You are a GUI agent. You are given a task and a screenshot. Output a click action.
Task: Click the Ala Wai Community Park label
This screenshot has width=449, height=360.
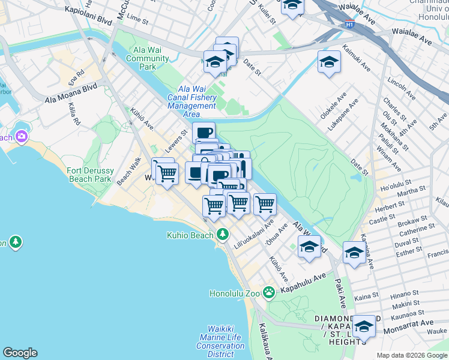[147, 59]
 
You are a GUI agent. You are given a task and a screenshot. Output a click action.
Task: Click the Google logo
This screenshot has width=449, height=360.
[20, 353]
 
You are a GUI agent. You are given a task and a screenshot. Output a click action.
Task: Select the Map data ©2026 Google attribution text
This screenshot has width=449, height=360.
[411, 355]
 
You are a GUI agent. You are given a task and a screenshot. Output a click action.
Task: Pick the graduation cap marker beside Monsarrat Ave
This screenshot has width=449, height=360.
[364, 327]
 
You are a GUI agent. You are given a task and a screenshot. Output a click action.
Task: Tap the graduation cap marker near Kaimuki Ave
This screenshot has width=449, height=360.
[329, 62]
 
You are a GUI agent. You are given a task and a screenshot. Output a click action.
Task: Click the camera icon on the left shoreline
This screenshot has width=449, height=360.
[22, 136]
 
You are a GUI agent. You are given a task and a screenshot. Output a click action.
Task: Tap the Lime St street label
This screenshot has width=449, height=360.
[137, 19]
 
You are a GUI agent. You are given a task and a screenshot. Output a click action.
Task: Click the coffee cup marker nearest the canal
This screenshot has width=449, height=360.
[204, 133]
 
